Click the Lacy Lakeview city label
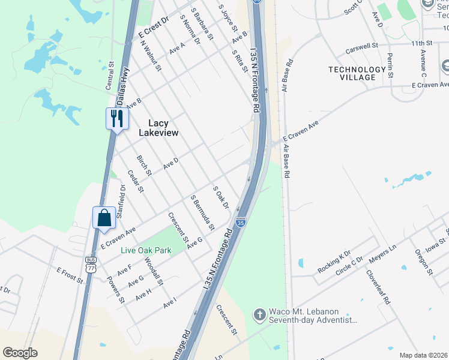(x=158, y=127)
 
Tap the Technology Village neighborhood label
(x=357, y=74)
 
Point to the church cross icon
(x=259, y=314)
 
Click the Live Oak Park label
(x=145, y=250)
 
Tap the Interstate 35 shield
(x=241, y=222)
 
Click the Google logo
(x=20, y=353)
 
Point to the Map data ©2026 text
(x=423, y=355)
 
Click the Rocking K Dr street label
(x=334, y=263)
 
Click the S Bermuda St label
(x=202, y=212)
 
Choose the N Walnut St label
(x=151, y=55)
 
